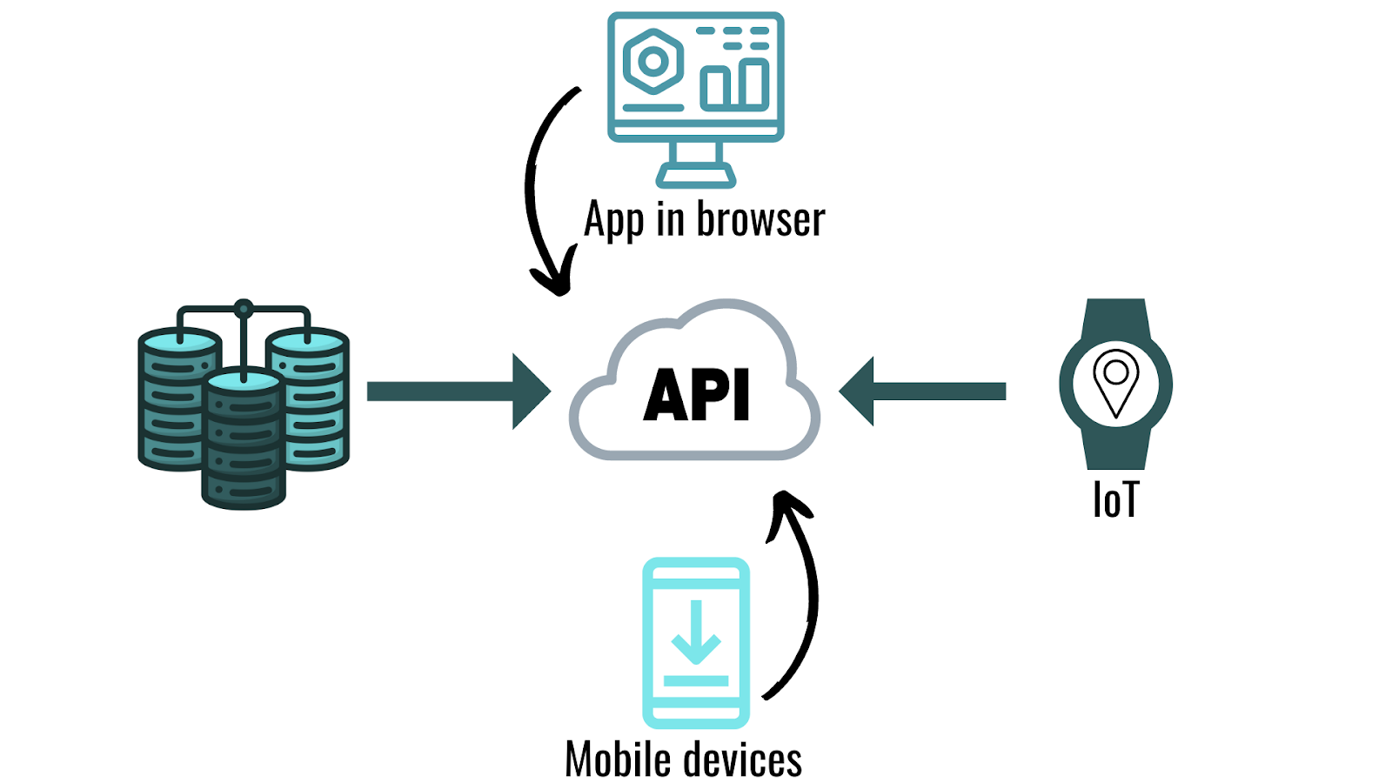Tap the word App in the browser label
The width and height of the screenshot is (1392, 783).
pyautogui.click(x=614, y=220)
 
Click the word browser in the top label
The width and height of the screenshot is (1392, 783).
pyautogui.click(x=760, y=219)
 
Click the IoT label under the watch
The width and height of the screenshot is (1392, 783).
pyautogui.click(x=1114, y=500)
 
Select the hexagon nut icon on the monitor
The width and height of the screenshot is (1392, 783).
pyautogui.click(x=652, y=62)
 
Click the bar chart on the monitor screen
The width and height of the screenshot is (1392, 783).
pyautogui.click(x=735, y=84)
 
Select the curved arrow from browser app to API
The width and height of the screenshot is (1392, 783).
pyautogui.click(x=532, y=191)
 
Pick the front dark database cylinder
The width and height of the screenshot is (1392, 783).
pyautogui.click(x=244, y=444)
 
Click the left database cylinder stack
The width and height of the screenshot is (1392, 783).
pyautogui.click(x=174, y=400)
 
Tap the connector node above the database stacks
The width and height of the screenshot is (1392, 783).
pyautogui.click(x=244, y=308)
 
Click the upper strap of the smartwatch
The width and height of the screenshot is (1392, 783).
pyautogui.click(x=1115, y=318)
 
